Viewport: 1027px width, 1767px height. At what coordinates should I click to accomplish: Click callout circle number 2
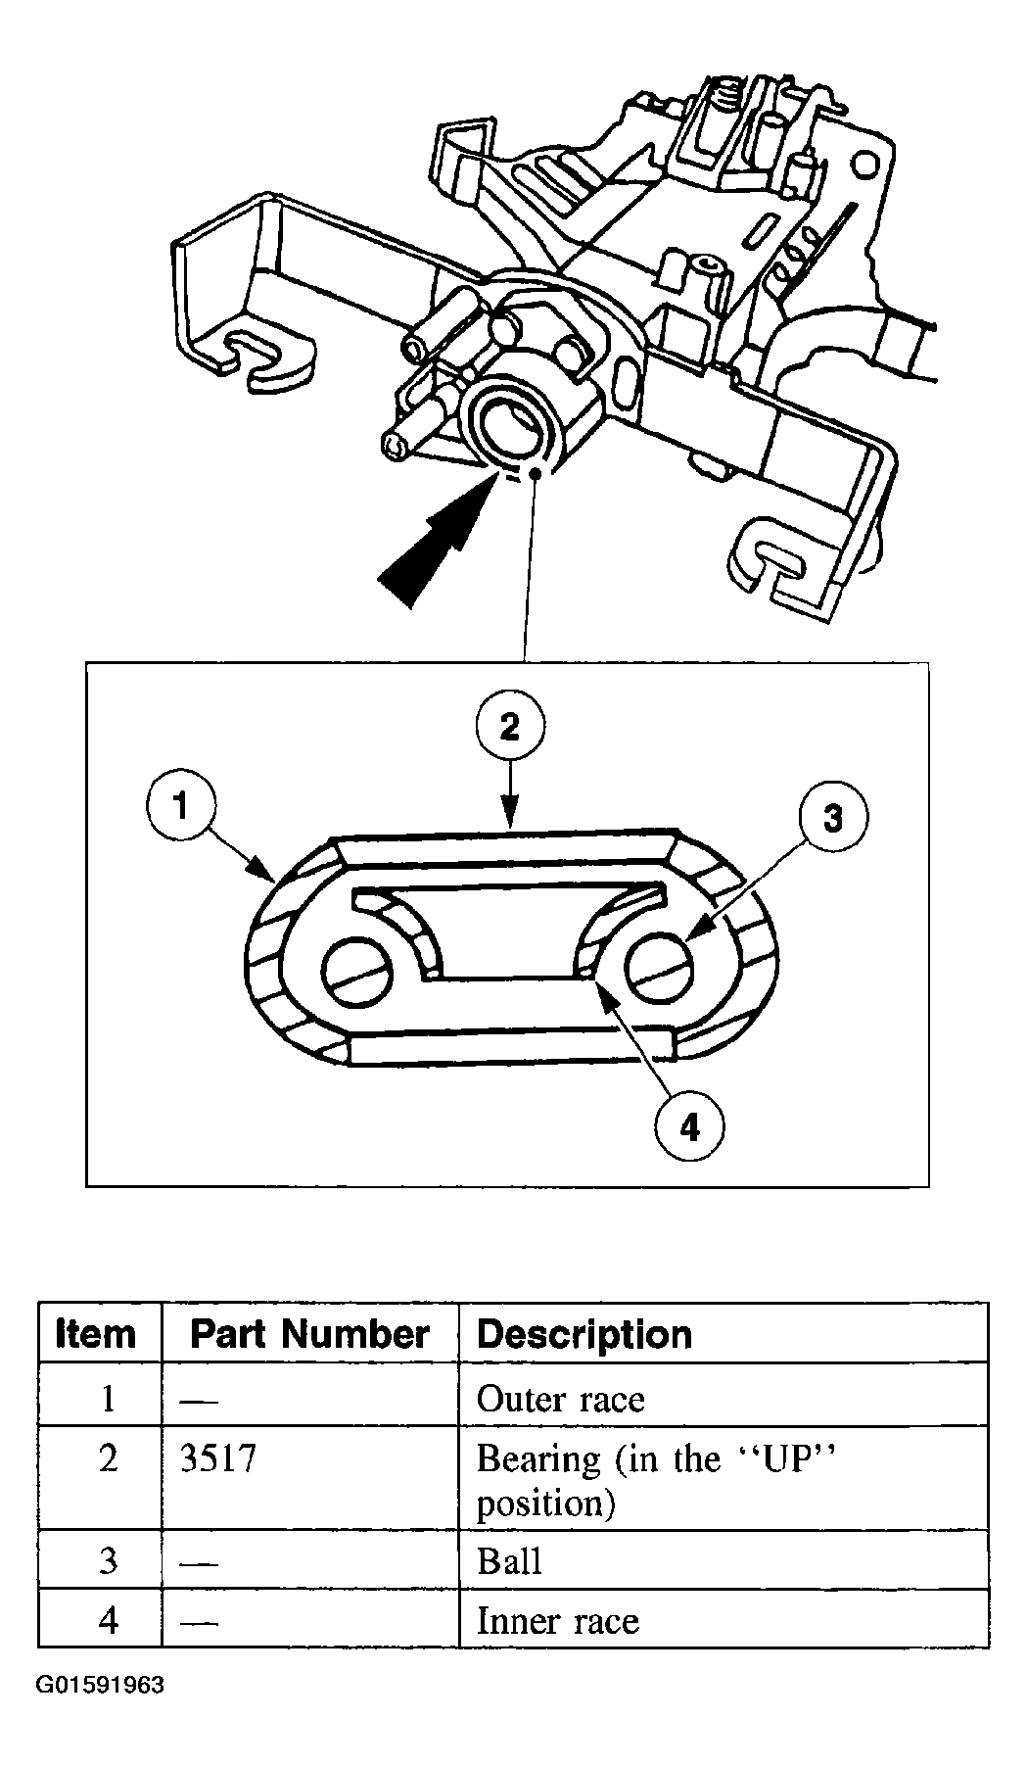coord(509,727)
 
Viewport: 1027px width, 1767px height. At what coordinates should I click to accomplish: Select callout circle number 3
coord(832,818)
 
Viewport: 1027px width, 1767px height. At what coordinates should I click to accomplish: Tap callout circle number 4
coord(690,1128)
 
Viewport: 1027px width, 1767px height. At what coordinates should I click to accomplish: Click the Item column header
coord(96,1334)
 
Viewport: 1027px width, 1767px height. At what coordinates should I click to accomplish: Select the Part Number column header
coord(309,1334)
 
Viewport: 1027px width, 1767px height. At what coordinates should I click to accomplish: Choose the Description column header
coord(584,1334)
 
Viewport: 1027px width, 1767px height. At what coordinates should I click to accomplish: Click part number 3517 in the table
coord(218,1458)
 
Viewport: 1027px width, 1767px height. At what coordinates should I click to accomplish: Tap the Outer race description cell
coord(560,1399)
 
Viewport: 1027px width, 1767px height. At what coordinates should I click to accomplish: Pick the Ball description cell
coord(509,1560)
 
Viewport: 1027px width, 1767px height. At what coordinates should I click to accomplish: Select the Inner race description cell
coord(557,1620)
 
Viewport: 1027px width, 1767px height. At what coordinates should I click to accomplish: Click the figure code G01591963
coord(101,1685)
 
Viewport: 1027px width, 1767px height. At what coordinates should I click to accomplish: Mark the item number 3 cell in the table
coord(108,1560)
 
